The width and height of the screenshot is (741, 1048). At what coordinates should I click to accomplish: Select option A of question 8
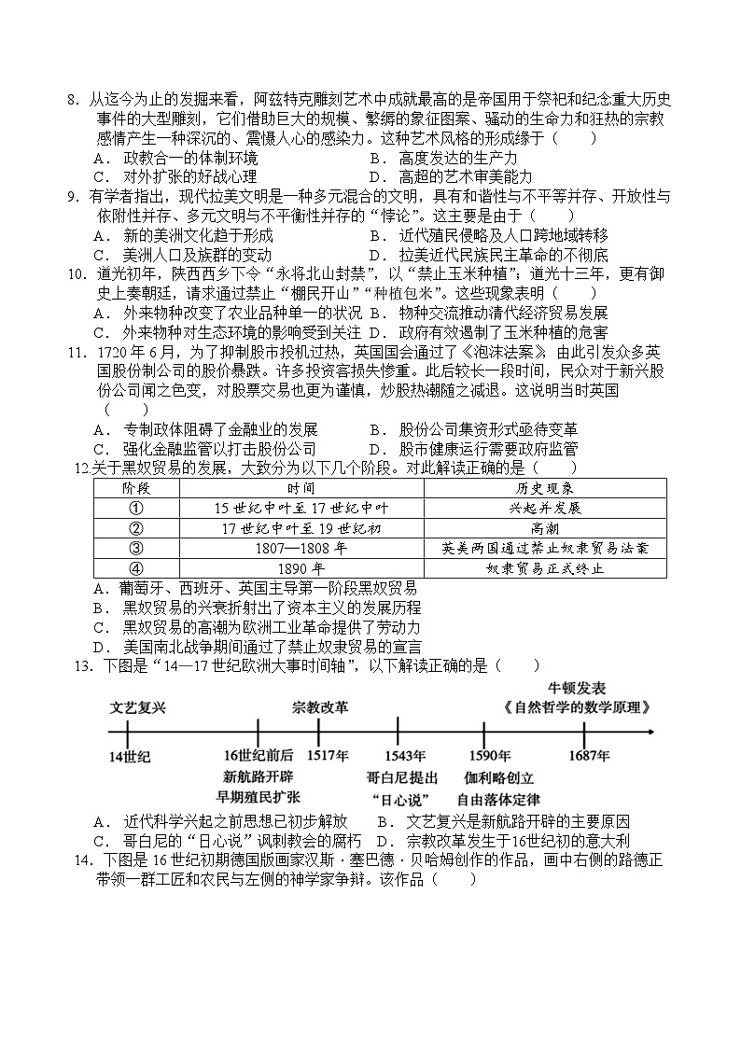[x=177, y=158]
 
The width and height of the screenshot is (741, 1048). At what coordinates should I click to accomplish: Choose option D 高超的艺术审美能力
[x=451, y=176]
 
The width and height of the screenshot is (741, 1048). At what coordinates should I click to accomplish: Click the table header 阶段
[x=135, y=488]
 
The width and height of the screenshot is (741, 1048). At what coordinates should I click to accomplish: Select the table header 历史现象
[x=545, y=488]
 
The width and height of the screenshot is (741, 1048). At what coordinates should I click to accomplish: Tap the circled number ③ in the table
[x=135, y=548]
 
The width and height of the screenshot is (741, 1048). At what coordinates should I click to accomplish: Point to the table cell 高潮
[x=545, y=528]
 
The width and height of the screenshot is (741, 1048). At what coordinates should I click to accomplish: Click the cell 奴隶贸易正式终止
[x=545, y=567]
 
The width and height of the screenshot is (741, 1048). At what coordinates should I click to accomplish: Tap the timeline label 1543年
[x=398, y=755]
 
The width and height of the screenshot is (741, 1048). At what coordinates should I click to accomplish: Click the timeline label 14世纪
[x=129, y=755]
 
